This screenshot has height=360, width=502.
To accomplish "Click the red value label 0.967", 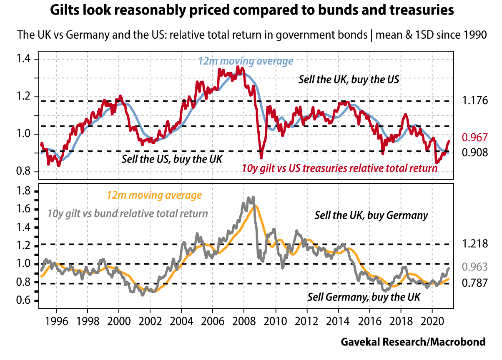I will point(474,137).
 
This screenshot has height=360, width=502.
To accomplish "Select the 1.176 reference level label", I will point(474,101).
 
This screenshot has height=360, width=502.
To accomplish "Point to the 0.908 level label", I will point(474,152).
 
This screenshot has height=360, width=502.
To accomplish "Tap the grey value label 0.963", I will point(474,267).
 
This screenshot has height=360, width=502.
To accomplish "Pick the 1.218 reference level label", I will point(474,244).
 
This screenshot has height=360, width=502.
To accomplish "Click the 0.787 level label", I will point(474,284).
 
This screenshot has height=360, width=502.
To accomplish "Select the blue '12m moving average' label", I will point(245,61).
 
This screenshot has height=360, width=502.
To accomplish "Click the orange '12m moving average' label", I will point(154,195).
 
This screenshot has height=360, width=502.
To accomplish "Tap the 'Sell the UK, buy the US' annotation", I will point(349,79).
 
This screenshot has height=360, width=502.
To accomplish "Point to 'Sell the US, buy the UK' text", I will point(172,159).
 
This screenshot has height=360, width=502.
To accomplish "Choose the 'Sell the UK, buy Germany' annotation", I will point(371,215).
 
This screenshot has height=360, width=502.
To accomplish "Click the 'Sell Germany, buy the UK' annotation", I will point(364,297).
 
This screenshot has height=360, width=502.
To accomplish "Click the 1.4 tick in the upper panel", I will point(23,59).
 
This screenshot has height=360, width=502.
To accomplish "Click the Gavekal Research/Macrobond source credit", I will point(413,342).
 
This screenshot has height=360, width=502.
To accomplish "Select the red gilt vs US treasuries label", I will point(340,168).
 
